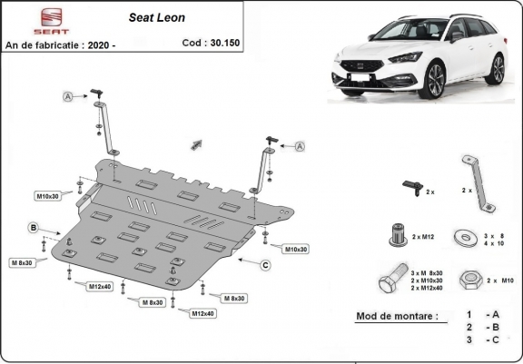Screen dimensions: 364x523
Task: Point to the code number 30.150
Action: click(x=222, y=43)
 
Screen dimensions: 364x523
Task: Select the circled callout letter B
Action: click(x=34, y=227)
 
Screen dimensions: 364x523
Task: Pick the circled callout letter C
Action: click(x=265, y=265)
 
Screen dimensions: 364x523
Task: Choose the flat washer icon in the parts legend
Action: click(x=469, y=238)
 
